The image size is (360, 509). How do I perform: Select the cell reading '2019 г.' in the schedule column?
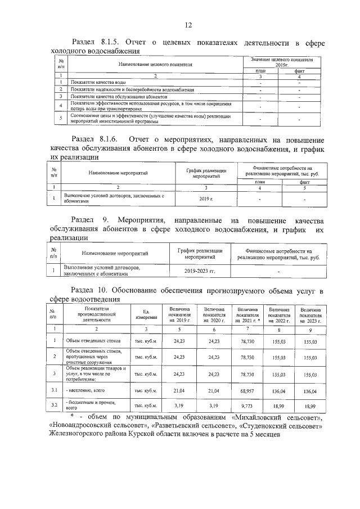tap(203, 199)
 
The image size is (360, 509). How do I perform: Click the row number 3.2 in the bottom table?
tap(55, 404)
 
